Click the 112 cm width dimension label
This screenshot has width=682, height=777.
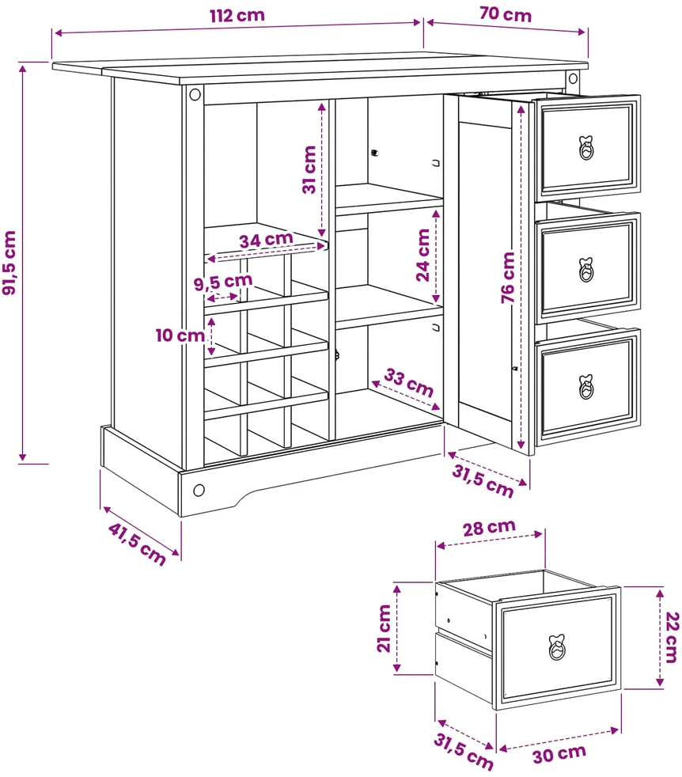pyautogui.click(x=237, y=15)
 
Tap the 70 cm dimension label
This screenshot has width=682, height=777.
pyautogui.click(x=505, y=14)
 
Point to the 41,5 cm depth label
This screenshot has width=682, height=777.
pyautogui.click(x=137, y=544)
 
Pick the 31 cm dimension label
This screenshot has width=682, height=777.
pyautogui.click(x=309, y=169)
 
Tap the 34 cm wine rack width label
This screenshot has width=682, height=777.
pyautogui.click(x=266, y=240)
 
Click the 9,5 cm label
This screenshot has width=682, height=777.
pyautogui.click(x=223, y=282)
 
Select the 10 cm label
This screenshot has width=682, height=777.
pyautogui.click(x=180, y=335)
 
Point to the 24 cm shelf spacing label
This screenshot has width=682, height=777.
pyautogui.click(x=422, y=256)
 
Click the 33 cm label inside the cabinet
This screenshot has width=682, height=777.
pyautogui.click(x=409, y=382)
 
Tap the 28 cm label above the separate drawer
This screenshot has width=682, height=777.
pyautogui.click(x=489, y=528)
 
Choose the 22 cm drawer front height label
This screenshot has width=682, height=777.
pyautogui.click(x=671, y=637)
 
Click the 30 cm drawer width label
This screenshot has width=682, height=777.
pyautogui.click(x=559, y=754)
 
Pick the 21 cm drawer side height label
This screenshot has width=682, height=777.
pyautogui.click(x=385, y=628)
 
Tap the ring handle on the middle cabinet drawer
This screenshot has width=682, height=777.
pyautogui.click(x=586, y=270)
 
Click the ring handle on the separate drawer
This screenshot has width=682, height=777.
pyautogui.click(x=558, y=647)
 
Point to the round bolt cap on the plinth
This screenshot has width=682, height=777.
pyautogui.click(x=199, y=490)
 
